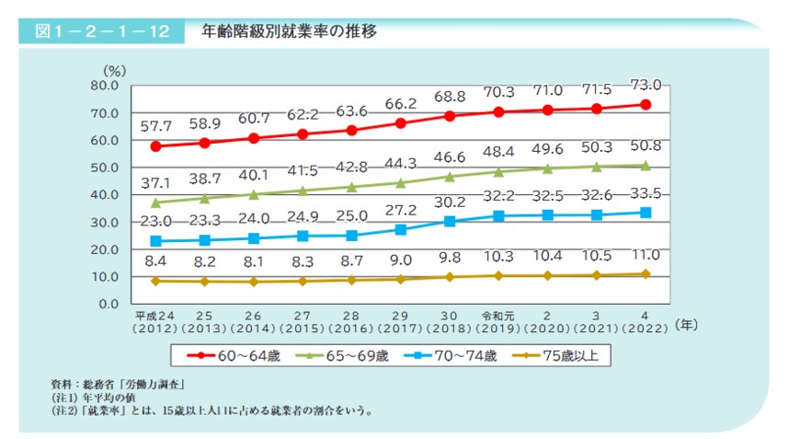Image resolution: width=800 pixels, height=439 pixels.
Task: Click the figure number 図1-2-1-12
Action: coord(101,31)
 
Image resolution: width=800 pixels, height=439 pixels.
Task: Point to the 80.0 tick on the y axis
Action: coord(104,86)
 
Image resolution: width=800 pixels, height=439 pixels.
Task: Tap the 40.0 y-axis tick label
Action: coord(104,195)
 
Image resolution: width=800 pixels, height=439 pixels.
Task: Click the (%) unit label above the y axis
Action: coord(113,69)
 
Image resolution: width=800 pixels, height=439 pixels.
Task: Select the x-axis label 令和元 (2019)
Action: coord(498,318)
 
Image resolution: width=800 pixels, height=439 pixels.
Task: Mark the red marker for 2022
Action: coord(646,105)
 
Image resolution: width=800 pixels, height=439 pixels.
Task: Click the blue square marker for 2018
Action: coord(450,221)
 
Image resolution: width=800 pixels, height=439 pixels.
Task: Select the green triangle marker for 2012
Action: coord(156,202)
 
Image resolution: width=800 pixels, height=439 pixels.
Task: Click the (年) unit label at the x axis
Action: coord(686,324)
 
